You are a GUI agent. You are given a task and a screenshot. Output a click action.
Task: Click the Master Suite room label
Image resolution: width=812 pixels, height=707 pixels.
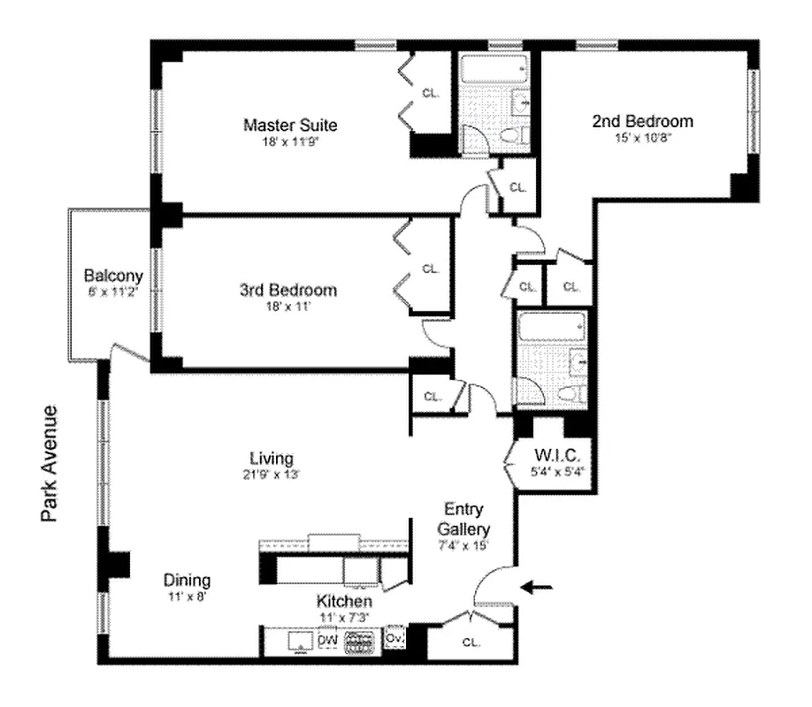[290, 125]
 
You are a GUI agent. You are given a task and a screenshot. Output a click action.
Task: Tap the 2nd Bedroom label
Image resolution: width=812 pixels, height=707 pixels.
[642, 121]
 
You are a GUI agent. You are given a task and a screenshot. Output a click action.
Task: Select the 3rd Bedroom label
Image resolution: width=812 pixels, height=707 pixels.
[288, 290]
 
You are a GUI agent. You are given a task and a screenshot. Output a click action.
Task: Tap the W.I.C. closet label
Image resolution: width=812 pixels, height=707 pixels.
[556, 456]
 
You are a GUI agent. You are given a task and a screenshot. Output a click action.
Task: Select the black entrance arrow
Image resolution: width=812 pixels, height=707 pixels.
[541, 586]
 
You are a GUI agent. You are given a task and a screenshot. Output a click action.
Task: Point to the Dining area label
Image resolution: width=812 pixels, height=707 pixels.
[187, 581]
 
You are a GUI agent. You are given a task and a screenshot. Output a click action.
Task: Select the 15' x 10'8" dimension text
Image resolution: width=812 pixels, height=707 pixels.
[642, 137]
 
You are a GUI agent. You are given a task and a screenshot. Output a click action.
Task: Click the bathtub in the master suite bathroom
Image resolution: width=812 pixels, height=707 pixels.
[492, 68]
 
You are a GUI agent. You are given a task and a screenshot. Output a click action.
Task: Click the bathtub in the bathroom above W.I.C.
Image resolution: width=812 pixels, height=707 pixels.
[549, 330]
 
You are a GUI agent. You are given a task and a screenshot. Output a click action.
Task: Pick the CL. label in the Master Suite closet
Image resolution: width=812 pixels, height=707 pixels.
[431, 92]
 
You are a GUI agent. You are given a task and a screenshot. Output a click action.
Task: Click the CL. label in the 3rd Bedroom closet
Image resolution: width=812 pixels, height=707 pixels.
[431, 269]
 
